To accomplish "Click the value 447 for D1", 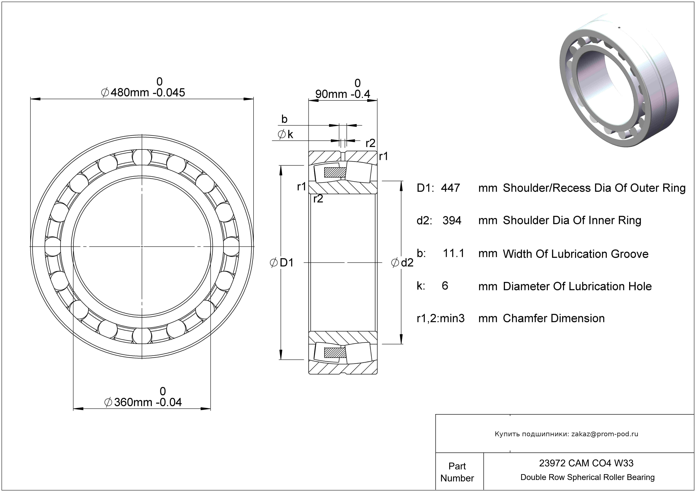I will click(x=450, y=188).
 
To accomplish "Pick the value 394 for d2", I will click(x=452, y=220).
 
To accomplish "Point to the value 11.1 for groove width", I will click(x=453, y=253).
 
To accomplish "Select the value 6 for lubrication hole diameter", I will click(x=445, y=286).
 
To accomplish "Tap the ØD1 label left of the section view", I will click(x=282, y=263).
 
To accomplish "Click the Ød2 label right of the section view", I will click(x=402, y=263).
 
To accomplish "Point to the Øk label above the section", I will click(x=285, y=134).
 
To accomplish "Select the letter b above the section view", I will click(x=284, y=119).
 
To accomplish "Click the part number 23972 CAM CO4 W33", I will click(x=586, y=463).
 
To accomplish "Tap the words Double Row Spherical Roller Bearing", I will click(x=587, y=477).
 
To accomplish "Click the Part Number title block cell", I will click(x=457, y=472).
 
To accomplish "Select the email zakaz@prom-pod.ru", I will click(x=605, y=434).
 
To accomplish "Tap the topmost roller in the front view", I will click(x=142, y=157).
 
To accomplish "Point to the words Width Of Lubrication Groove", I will click(x=575, y=254).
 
